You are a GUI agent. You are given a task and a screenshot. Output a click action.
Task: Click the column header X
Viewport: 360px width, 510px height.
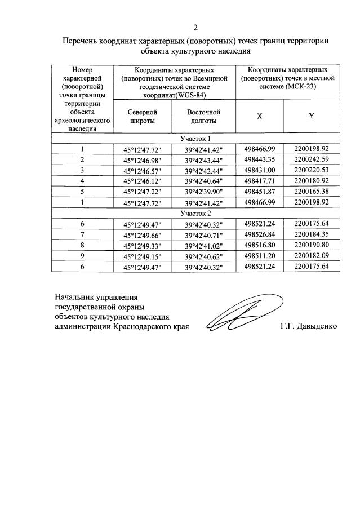(259, 116)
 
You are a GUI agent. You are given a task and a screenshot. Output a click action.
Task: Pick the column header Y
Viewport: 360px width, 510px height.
(311, 116)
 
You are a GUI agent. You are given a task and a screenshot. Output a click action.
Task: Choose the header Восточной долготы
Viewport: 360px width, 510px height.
(203, 117)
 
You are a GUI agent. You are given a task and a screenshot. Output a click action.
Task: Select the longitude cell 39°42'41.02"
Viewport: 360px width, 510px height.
(203, 246)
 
